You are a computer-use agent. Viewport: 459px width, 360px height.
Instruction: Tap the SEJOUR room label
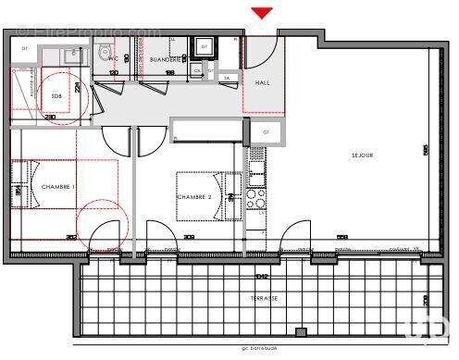tap(362, 155)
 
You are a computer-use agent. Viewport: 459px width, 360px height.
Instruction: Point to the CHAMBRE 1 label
tap(58, 187)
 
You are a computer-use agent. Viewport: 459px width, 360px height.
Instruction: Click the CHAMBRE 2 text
tap(194, 197)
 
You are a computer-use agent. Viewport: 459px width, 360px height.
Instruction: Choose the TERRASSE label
tap(264, 298)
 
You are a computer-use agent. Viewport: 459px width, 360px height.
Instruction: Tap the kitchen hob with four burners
tap(259, 197)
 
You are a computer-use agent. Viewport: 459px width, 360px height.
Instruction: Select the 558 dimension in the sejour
tap(341, 238)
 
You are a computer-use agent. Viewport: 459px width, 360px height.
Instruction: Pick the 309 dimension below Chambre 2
tap(189, 238)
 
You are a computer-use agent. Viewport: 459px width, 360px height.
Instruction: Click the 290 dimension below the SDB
tap(51, 116)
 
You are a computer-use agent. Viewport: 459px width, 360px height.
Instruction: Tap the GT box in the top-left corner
tap(25, 48)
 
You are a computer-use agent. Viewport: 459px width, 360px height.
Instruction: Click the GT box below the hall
tap(266, 132)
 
